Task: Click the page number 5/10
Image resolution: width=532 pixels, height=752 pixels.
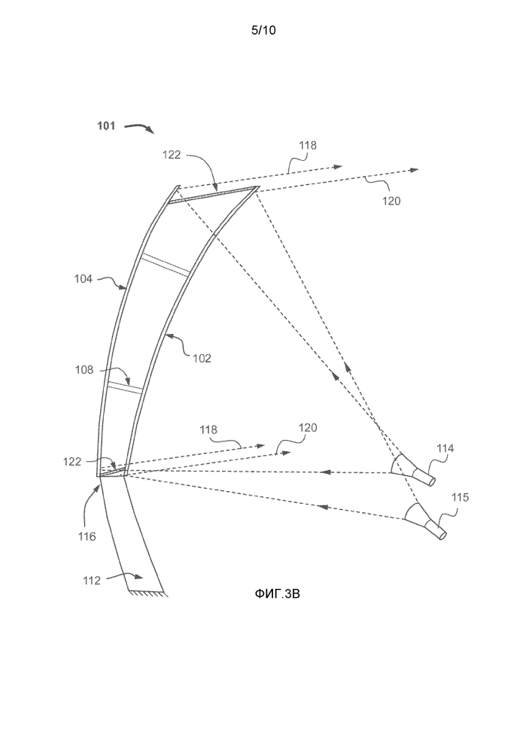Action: (x=265, y=31)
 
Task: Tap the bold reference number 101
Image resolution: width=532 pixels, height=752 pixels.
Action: (x=106, y=126)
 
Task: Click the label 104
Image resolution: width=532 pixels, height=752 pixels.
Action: (x=84, y=278)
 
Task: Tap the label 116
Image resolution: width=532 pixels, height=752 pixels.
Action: (x=87, y=537)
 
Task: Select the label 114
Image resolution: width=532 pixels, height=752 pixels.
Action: (x=446, y=450)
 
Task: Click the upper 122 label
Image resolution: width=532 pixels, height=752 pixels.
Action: (x=171, y=154)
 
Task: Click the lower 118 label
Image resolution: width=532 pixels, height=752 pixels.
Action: (x=208, y=429)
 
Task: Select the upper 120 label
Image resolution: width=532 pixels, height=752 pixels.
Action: (x=391, y=201)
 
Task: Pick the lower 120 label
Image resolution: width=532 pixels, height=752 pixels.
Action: (x=307, y=428)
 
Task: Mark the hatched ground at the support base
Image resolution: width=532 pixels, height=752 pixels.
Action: (x=150, y=594)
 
